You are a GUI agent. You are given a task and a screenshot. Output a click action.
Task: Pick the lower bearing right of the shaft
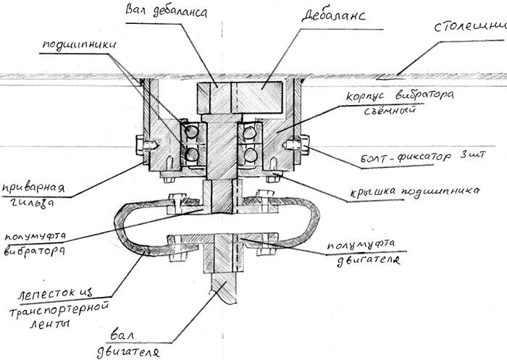(x=248, y=154)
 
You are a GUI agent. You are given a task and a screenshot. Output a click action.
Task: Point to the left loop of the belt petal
(x=130, y=228)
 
